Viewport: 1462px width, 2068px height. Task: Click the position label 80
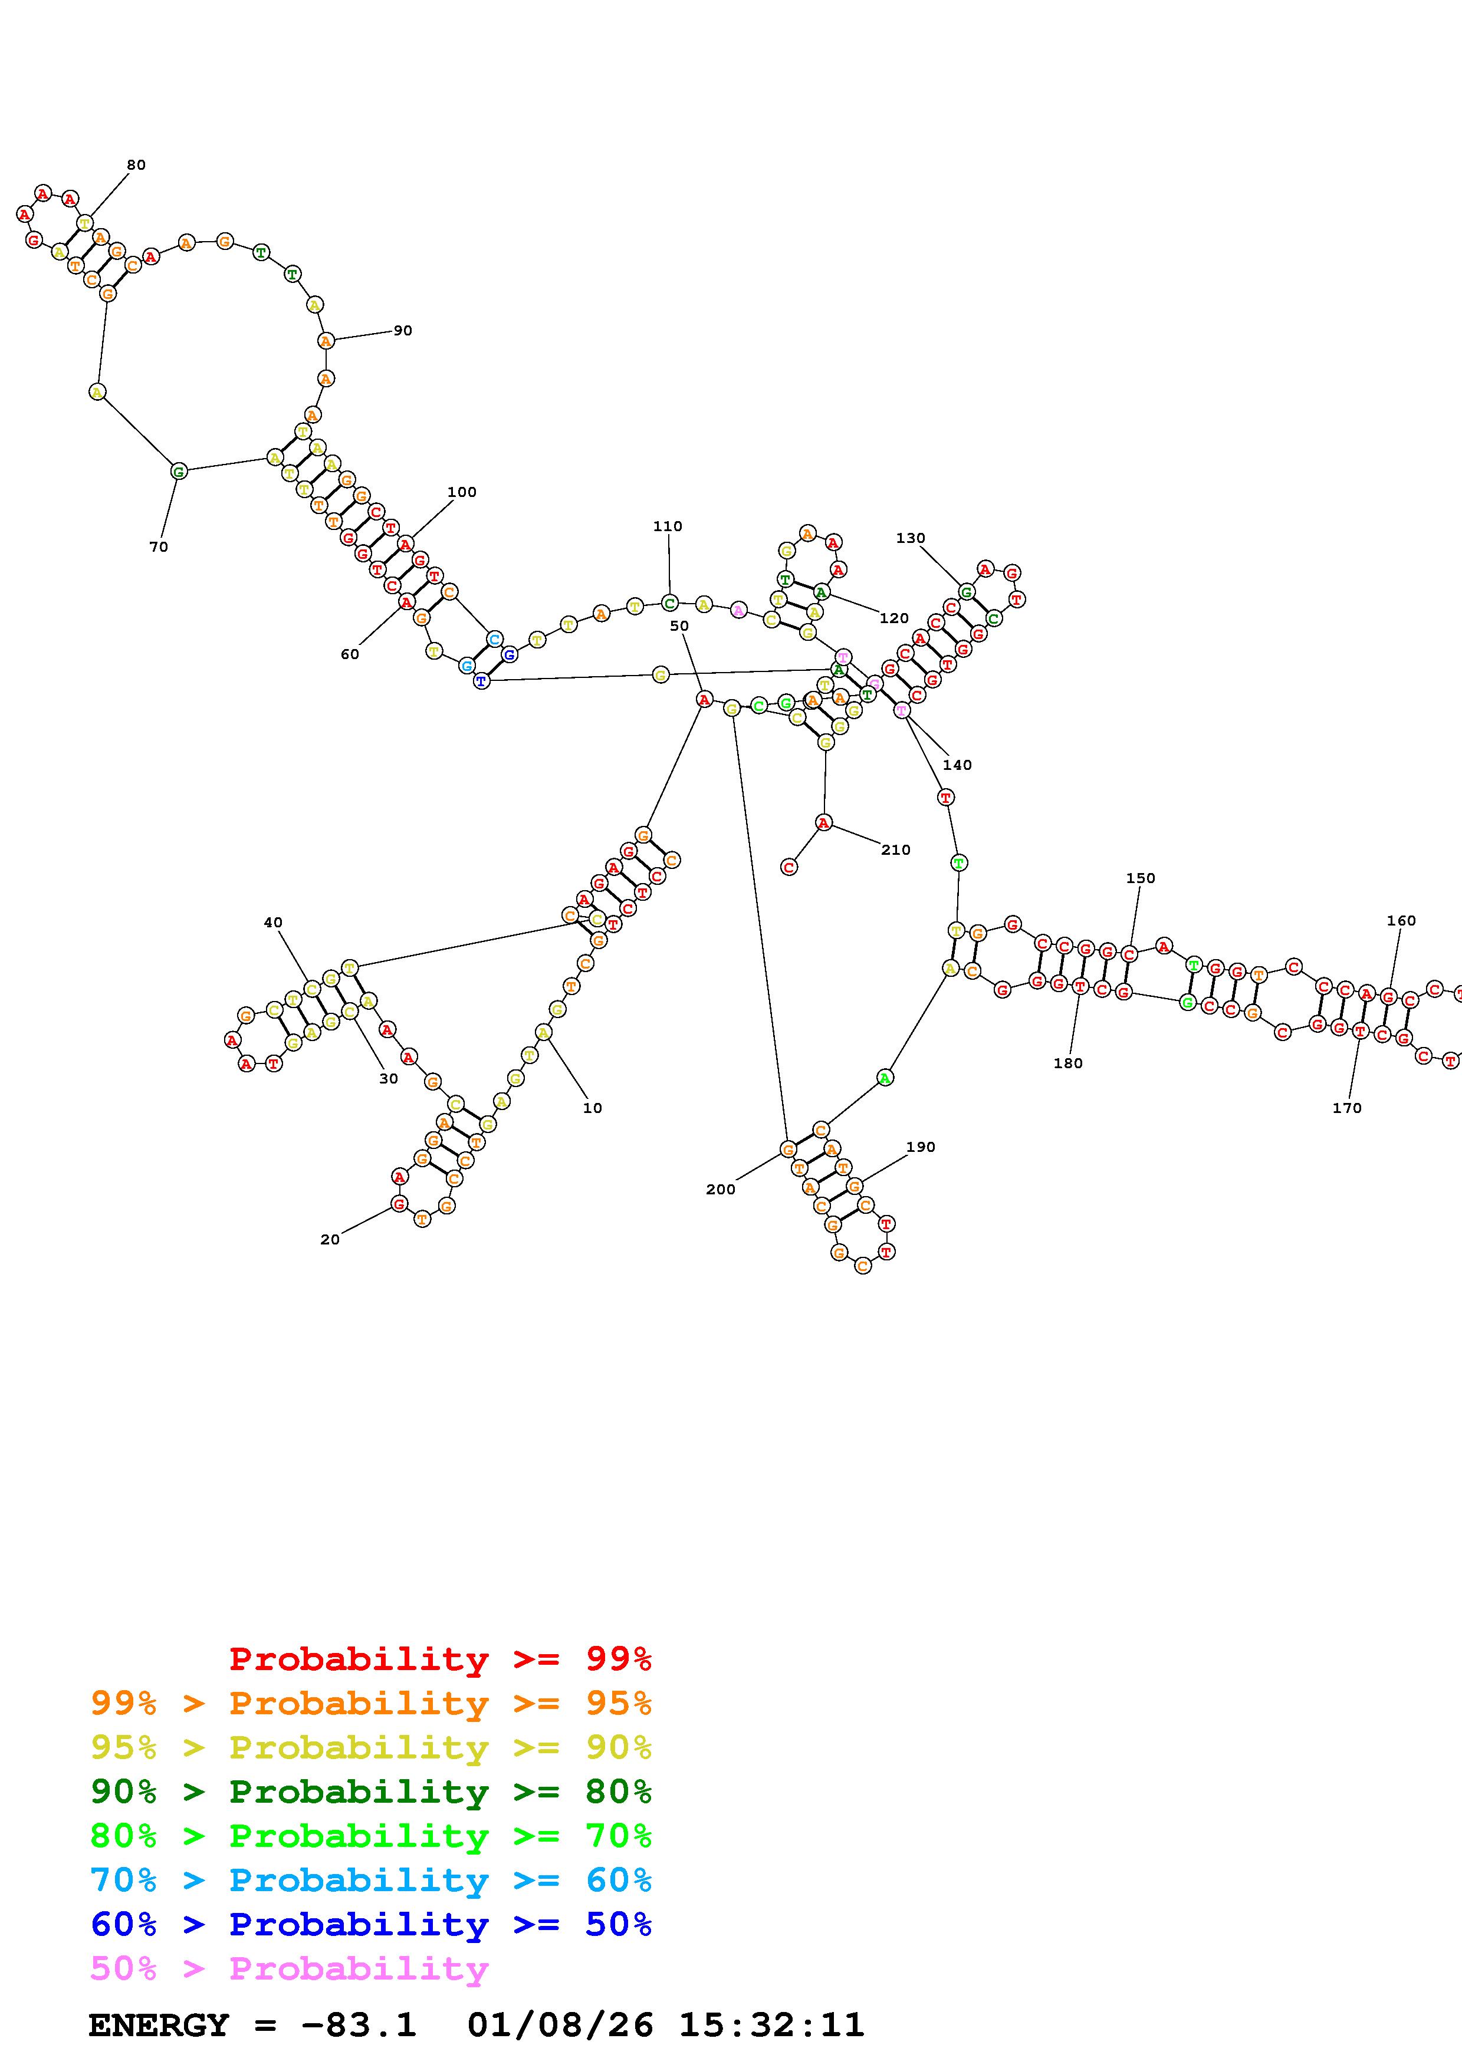[136, 165]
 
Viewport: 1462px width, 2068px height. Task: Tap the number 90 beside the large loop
[403, 331]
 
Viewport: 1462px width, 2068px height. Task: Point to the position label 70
[159, 546]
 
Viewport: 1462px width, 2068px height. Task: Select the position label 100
[462, 492]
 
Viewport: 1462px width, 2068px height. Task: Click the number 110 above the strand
[668, 526]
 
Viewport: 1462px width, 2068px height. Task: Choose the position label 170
[1346, 1108]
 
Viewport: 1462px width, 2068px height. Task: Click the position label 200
[721, 1189]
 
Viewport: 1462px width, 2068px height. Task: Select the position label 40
[273, 923]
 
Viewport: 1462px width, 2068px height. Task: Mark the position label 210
[895, 849]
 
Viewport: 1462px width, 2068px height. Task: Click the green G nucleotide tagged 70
[178, 471]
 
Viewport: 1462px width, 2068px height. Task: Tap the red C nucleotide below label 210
[789, 867]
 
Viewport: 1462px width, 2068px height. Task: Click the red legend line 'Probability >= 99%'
[439, 1658]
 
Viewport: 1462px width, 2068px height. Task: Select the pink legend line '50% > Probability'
[289, 1968]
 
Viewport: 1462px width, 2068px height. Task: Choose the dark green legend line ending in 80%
[371, 1792]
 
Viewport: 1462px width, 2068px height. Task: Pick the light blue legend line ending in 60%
[371, 1880]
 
